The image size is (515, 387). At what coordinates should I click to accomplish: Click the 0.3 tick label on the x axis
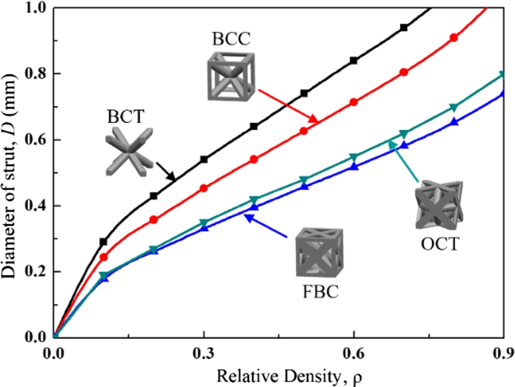pos(204,354)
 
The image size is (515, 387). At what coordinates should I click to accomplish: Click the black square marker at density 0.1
pos(104,242)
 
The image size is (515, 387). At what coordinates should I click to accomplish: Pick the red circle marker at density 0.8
pos(454,38)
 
